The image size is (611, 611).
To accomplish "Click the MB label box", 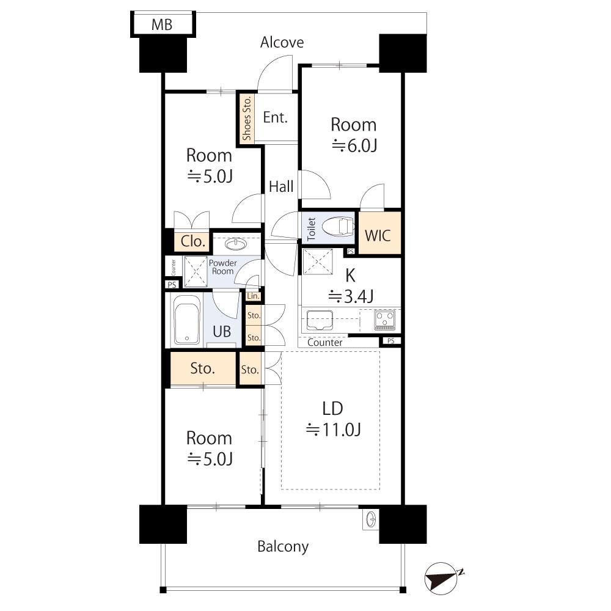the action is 162,25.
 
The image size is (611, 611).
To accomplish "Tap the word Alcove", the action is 282,42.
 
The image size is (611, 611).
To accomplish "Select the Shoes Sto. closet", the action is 247,119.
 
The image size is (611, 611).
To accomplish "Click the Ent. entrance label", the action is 275,117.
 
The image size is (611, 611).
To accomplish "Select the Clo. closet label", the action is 193,241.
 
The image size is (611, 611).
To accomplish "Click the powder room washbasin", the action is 236,244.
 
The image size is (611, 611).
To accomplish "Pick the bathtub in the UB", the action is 187,320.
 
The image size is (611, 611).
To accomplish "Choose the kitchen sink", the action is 319,320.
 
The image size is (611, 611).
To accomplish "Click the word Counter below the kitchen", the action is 324,343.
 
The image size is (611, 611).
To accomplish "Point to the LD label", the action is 333,408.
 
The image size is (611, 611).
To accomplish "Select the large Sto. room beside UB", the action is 202,368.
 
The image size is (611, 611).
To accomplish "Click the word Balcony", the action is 282,546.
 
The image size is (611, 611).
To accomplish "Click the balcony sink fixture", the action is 370,520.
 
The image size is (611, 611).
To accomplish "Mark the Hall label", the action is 281,187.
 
